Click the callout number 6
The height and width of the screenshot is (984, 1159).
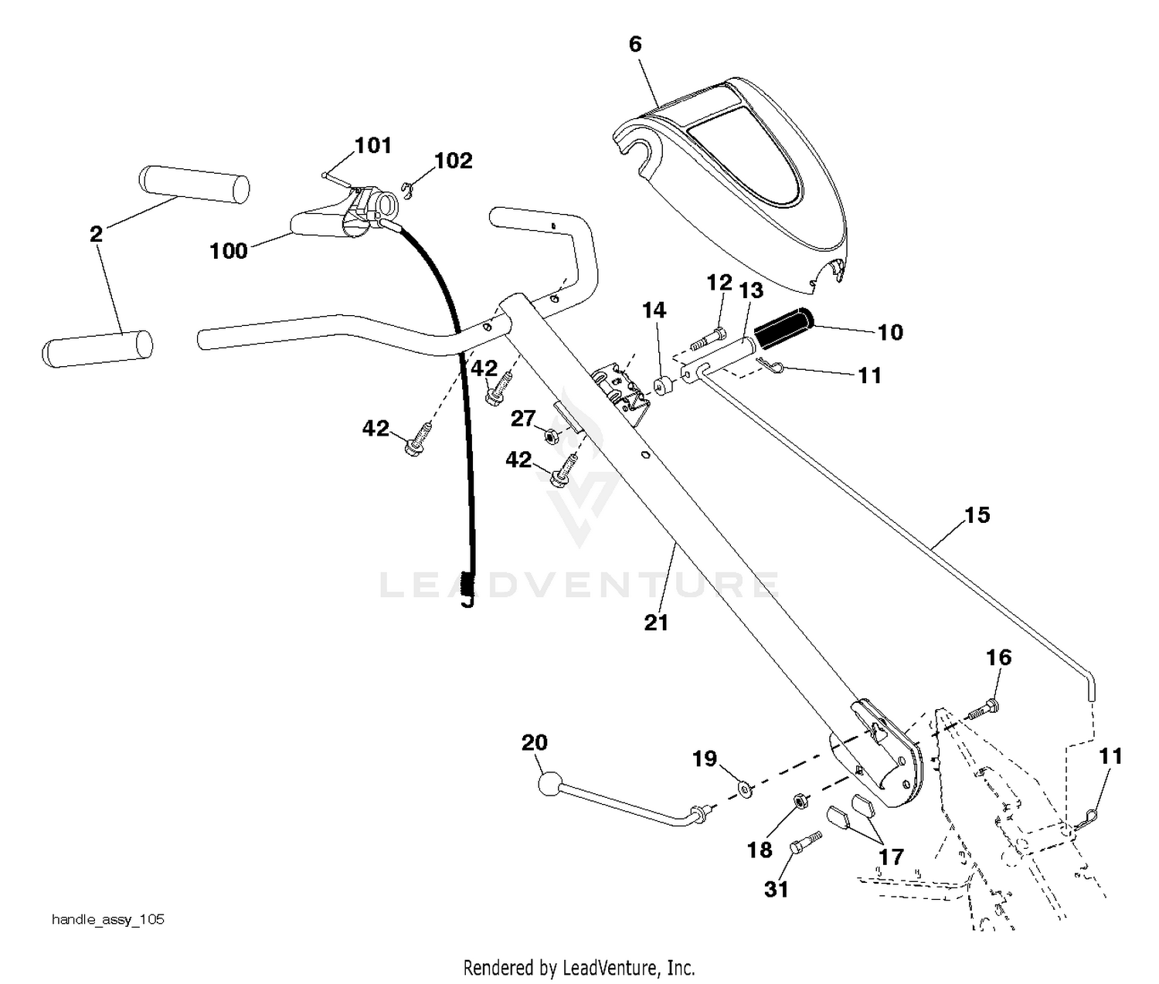click(x=634, y=44)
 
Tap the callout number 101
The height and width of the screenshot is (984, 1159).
click(x=373, y=146)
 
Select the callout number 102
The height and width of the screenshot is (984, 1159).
click(x=454, y=161)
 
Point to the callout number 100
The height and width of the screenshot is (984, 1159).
click(x=229, y=251)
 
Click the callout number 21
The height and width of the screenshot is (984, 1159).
click(x=656, y=623)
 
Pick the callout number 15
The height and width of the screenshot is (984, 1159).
click(x=977, y=515)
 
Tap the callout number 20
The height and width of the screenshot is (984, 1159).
click(x=535, y=743)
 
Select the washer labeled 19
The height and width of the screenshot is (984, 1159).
click(x=746, y=790)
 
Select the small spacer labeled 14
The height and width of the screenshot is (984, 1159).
click(x=663, y=386)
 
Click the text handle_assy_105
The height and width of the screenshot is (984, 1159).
click(x=108, y=919)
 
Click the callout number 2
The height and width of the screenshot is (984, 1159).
click(x=96, y=234)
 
